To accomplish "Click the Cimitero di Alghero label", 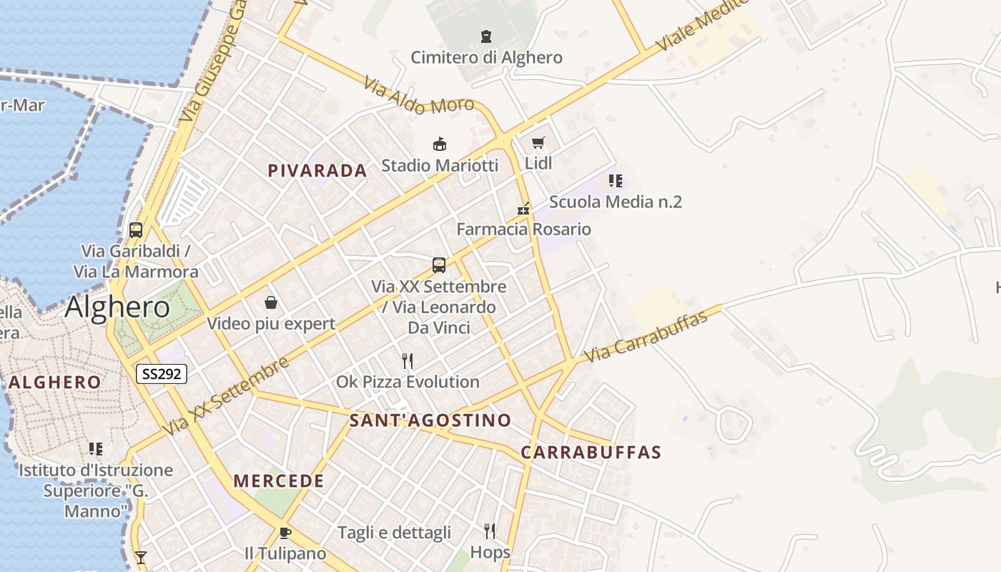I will point(486,57).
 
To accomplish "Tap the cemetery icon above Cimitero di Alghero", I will point(486,36).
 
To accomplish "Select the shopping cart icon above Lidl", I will point(538,142).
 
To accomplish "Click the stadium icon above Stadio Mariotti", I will point(440,144).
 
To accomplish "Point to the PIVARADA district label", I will point(317,170).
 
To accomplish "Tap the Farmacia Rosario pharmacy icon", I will point(524,209).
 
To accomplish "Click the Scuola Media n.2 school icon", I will point(615,181).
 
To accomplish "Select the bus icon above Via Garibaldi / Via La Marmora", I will point(136,230).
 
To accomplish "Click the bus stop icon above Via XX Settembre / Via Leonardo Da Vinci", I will point(439,265).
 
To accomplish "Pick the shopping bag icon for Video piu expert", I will point(271,302).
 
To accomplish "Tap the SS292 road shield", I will point(162,373).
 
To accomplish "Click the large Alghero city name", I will point(117,307).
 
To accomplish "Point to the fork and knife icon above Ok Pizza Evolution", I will point(408,360).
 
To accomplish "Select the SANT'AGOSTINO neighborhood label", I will point(430,420).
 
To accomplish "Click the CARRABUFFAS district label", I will point(591,452).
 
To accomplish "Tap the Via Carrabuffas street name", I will point(646,335).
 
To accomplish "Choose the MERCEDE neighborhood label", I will point(279,481).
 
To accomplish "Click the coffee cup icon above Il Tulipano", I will point(285,533).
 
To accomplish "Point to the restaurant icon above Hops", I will point(490,531).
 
